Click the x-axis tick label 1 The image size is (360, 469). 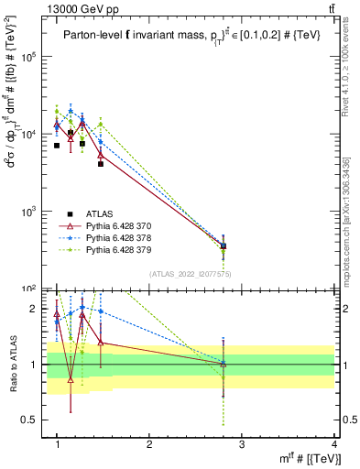[x=57, y=444]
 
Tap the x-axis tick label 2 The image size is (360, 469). [x=149, y=444]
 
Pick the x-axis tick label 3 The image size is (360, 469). [x=242, y=444]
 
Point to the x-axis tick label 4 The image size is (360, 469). [x=334, y=444]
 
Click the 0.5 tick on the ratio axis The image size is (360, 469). [x=34, y=420]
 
